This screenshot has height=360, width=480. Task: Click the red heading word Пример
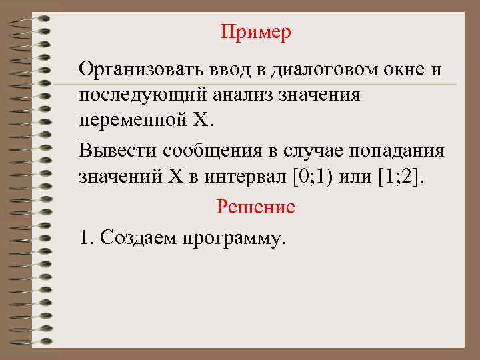256,33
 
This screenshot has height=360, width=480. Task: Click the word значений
121,177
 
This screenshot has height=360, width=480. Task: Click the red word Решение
256,207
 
